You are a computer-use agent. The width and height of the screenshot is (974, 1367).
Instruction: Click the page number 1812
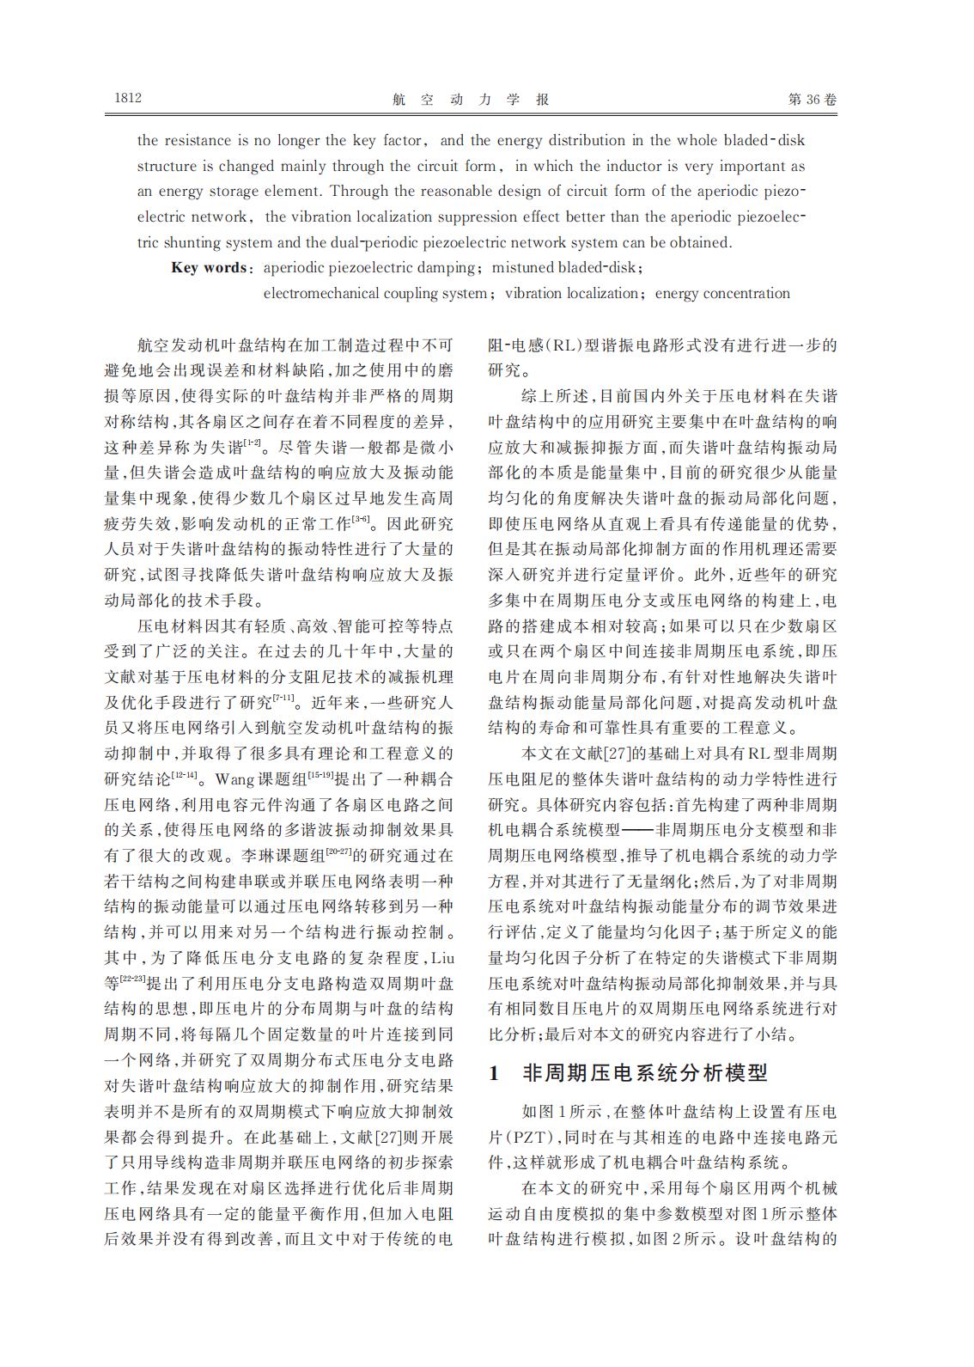[x=127, y=99]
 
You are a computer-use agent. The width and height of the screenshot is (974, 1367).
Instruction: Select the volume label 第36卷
[x=812, y=100]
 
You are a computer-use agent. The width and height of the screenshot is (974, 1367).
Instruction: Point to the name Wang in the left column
[x=234, y=779]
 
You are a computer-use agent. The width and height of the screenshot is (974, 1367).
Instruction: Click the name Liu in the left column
[x=441, y=957]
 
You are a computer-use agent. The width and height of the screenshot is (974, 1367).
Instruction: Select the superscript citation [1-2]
[x=253, y=442]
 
